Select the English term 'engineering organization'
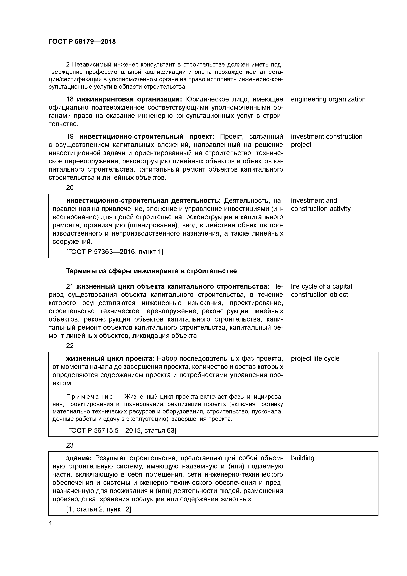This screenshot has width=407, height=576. point(328,99)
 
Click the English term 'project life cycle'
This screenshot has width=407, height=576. point(315,358)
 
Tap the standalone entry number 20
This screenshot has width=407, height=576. point(70,188)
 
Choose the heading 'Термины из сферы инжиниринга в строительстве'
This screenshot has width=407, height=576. point(151,271)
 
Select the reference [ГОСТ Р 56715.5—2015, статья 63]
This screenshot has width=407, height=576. point(121,431)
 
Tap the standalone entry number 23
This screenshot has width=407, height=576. point(70,445)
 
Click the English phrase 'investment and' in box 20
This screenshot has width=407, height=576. point(314,201)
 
